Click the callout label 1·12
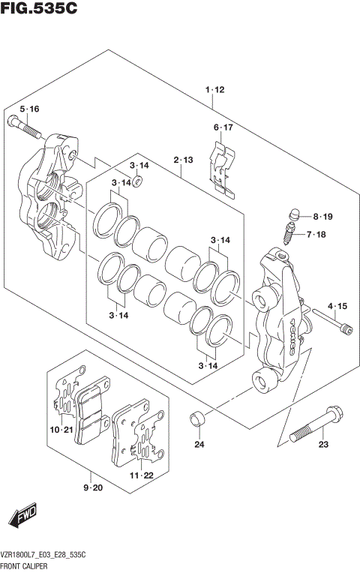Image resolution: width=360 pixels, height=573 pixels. (214, 90)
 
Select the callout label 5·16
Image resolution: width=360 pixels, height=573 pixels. (28, 109)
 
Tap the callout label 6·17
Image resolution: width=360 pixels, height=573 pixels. (223, 127)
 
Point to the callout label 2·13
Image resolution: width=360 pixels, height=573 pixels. (183, 160)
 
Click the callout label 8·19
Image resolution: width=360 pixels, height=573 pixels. (322, 217)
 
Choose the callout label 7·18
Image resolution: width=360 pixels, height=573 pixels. (319, 235)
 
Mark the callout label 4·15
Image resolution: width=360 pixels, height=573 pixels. (337, 305)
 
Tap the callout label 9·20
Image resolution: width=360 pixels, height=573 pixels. (93, 488)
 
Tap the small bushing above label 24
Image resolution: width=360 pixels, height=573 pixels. (197, 418)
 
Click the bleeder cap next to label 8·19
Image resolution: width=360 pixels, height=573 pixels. (295, 214)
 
